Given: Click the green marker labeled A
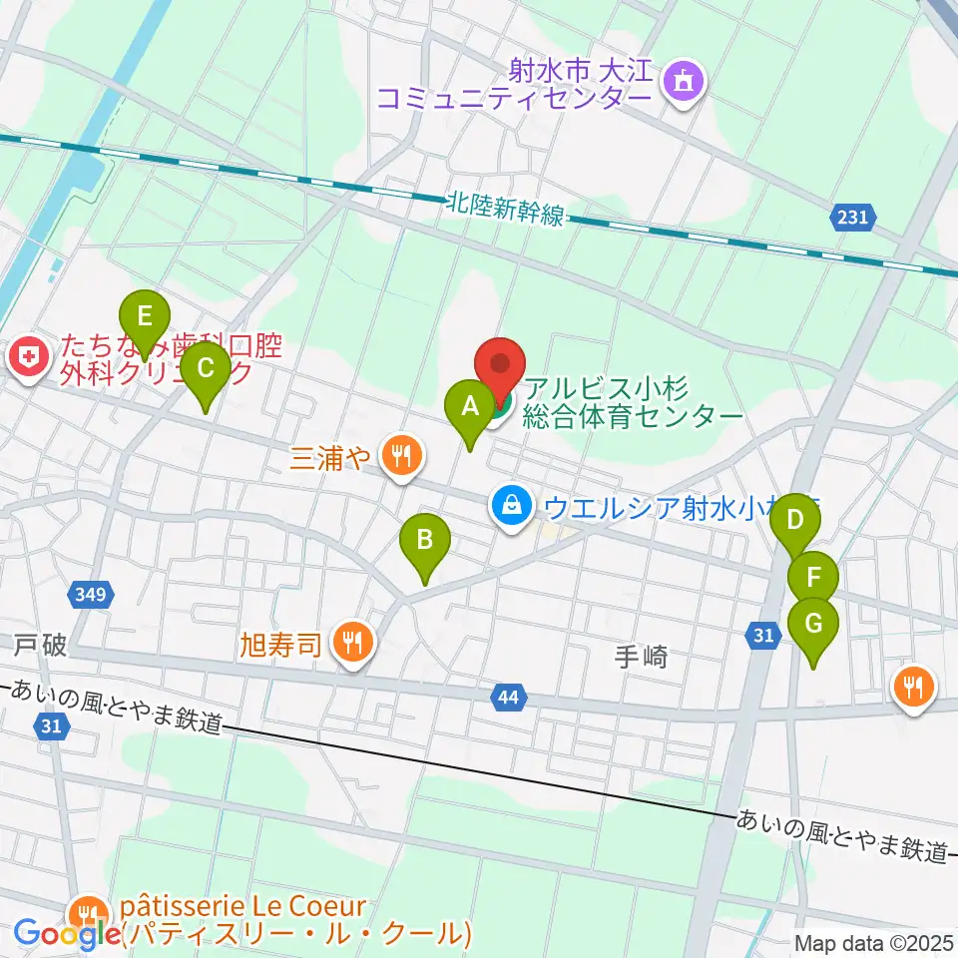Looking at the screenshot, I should pos(469,407).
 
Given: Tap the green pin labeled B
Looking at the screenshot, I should pos(424,542).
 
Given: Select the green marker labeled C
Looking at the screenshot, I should pos(205,370).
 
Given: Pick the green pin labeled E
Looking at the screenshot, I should pos(145,318).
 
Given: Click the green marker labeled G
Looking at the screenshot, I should pos(813,625).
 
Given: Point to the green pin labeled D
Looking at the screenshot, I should pos(795,521).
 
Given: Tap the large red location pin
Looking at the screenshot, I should pos(499,369).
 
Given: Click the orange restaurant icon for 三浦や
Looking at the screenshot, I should pos(402,457).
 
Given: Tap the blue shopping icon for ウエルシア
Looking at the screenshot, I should pos(511,506).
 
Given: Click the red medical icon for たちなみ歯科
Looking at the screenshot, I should pos(27,358).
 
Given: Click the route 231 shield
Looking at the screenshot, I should pos(853,217).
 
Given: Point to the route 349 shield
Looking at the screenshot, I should pos(91,596).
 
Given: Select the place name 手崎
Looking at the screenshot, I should pos(639,658).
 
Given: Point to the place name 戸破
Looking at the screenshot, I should pos(40,646).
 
